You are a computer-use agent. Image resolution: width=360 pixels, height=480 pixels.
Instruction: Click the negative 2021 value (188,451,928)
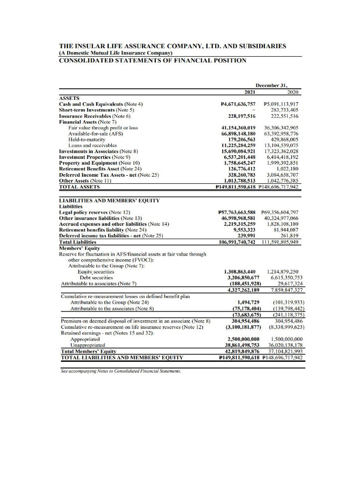point(242,284)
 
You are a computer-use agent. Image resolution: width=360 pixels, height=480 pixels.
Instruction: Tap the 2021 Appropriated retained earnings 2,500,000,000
point(243,338)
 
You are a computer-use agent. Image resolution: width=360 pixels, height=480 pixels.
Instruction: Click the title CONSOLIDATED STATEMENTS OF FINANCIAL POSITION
point(152,60)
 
